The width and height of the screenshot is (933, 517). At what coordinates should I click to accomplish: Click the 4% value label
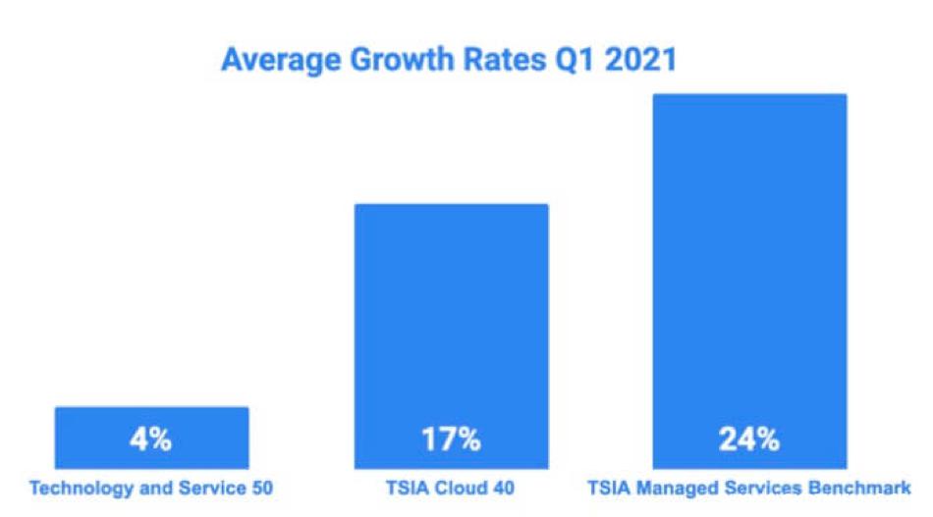pyautogui.click(x=150, y=439)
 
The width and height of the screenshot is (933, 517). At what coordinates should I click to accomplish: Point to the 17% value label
pyautogui.click(x=452, y=439)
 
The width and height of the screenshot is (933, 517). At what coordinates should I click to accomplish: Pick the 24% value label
pyautogui.click(x=749, y=439)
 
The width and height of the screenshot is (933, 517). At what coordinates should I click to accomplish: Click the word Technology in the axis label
pyautogui.click(x=78, y=487)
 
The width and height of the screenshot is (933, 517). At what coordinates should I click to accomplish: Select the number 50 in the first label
pyautogui.click(x=260, y=487)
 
